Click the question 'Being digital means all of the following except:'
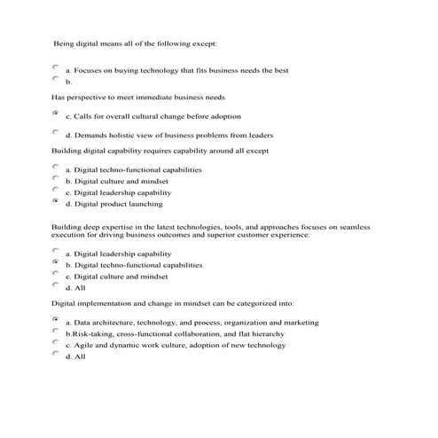(x=136, y=42)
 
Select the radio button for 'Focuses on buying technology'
(x=56, y=66)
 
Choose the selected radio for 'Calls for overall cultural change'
(x=56, y=113)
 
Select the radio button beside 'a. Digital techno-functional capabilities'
(x=56, y=167)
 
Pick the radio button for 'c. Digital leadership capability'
(x=56, y=190)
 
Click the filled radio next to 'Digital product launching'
(x=56, y=201)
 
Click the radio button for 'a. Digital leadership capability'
(x=56, y=251)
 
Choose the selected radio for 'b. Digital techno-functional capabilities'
(x=56, y=262)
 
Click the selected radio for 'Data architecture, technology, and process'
(x=56, y=318)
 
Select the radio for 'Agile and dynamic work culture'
(x=56, y=341)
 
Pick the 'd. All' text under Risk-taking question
(x=75, y=356)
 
